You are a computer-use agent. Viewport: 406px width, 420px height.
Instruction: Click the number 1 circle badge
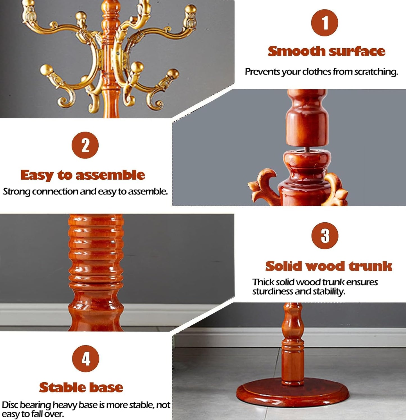[x=325, y=23]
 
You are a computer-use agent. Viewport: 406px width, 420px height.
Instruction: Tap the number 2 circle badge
[x=85, y=145]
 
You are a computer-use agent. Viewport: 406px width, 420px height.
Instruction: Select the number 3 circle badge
[x=325, y=236]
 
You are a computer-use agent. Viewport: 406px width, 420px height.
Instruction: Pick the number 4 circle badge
[x=86, y=358]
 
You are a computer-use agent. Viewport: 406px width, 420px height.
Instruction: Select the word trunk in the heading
[x=370, y=266]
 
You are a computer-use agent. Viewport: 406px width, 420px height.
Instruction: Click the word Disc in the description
[x=10, y=405]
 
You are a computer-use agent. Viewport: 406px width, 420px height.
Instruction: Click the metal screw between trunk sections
[x=307, y=148]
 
